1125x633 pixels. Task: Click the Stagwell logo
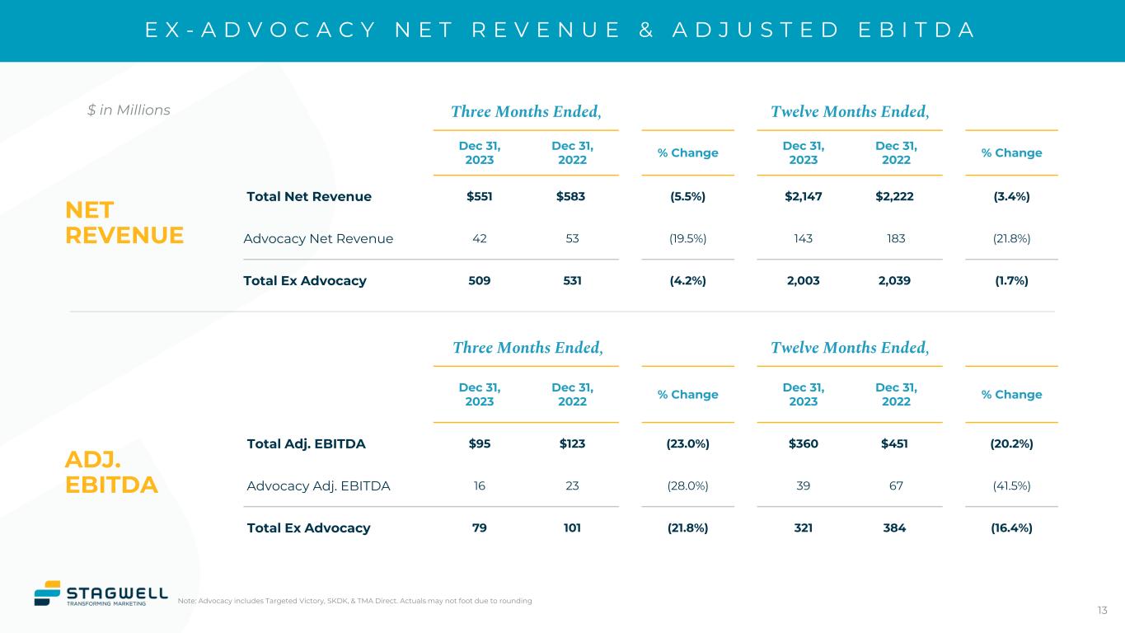100,593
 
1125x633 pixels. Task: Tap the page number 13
1102,610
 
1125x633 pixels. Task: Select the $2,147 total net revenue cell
803,196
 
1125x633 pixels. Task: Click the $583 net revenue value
571,196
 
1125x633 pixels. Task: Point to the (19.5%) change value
687,238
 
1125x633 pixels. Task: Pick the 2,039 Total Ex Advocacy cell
896,280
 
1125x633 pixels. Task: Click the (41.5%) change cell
1011,485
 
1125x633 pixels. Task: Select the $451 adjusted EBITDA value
896,443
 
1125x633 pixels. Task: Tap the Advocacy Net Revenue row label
318,238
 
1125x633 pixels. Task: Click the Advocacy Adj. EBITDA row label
318,485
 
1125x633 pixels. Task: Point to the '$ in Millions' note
129,110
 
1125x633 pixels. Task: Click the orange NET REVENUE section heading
124,223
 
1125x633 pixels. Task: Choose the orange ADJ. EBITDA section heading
110,472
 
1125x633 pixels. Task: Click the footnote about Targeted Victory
354,601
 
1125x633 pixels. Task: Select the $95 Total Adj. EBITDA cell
479,443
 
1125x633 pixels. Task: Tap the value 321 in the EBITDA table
803,527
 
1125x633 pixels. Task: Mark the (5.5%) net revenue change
687,196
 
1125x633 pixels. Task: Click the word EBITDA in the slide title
914,30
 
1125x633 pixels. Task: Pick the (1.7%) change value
1011,280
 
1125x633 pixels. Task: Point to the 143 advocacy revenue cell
803,238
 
